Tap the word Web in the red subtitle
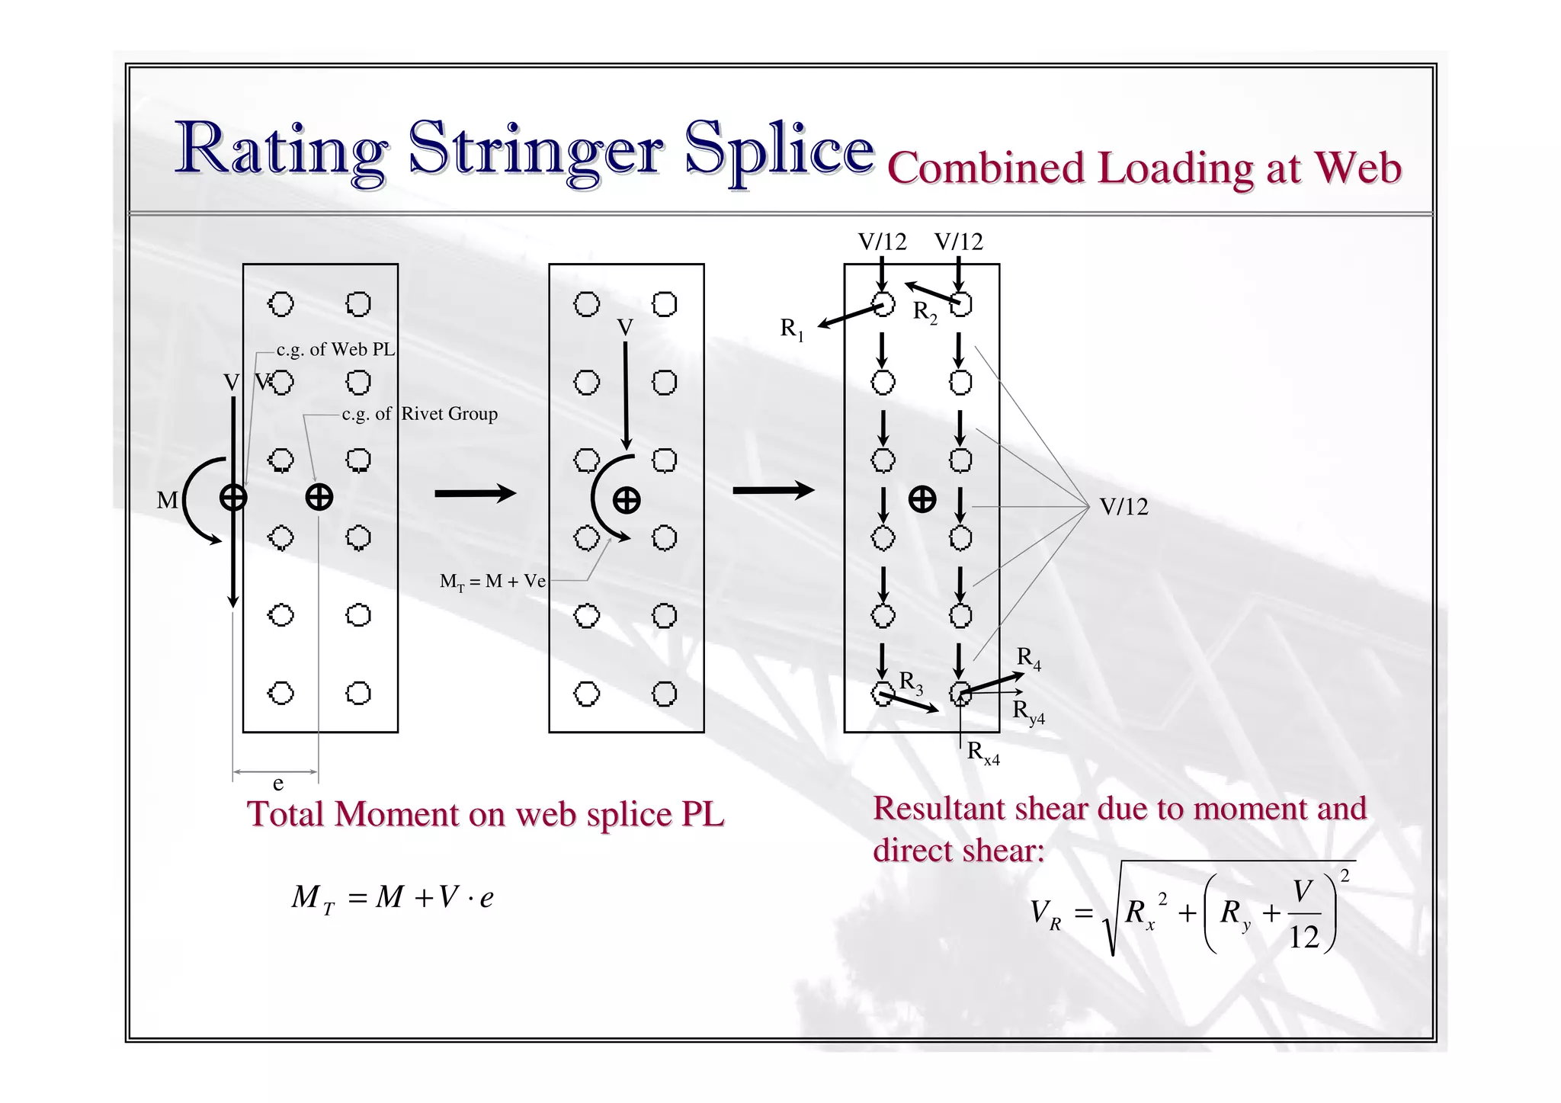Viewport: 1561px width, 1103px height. pyautogui.click(x=1357, y=167)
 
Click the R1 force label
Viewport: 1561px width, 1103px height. pyautogui.click(x=792, y=329)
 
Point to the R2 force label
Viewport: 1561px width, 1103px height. pyautogui.click(x=925, y=313)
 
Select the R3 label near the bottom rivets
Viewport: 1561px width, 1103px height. pyautogui.click(x=911, y=682)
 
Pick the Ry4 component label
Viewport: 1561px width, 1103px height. pyautogui.click(x=1028, y=711)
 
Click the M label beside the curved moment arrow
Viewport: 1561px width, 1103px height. pyautogui.click(x=167, y=501)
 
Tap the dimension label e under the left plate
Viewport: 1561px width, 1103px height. pyautogui.click(x=277, y=784)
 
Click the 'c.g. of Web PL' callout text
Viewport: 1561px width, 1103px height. pyautogui.click(x=335, y=350)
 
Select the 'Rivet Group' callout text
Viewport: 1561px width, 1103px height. pyautogui.click(x=450, y=414)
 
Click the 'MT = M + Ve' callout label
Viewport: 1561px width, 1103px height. pyautogui.click(x=492, y=582)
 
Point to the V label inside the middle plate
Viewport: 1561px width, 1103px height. pyautogui.click(x=625, y=328)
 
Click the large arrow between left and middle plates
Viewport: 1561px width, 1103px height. pyautogui.click(x=476, y=494)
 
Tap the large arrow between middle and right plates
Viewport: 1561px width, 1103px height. pyautogui.click(x=773, y=490)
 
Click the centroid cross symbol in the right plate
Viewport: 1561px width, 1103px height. pyautogui.click(x=922, y=499)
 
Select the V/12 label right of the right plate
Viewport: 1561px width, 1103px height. pyautogui.click(x=1123, y=507)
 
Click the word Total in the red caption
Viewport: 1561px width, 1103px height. pyautogui.click(x=285, y=814)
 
